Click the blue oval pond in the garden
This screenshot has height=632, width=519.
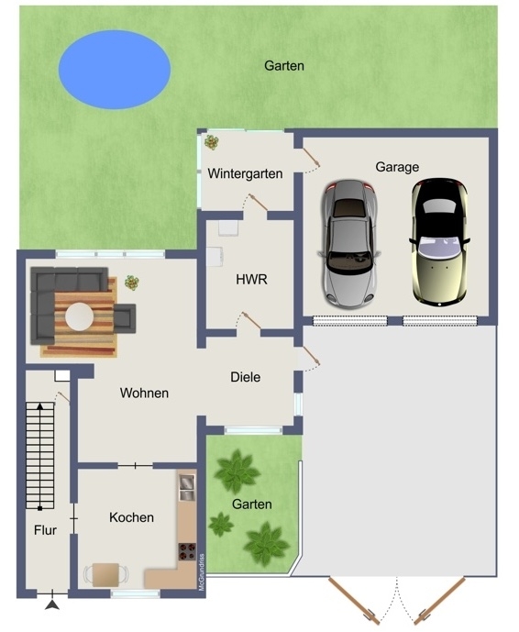point(115,70)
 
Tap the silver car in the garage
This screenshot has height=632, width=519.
point(349,243)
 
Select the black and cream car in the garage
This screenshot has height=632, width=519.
point(439,242)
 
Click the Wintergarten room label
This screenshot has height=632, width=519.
point(245,173)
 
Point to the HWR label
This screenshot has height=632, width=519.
point(251,280)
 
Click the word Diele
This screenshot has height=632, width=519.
point(246,377)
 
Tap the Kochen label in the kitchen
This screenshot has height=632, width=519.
point(131,517)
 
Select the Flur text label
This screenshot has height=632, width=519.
point(45,530)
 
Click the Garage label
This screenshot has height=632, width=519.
point(397,167)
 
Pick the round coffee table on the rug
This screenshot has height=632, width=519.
point(80,316)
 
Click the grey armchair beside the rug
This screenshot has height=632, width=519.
point(125,318)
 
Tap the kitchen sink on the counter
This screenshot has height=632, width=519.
point(187,487)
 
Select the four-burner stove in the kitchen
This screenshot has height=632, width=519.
point(187,552)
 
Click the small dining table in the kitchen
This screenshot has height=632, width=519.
point(105,575)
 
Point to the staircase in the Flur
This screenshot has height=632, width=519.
point(40,456)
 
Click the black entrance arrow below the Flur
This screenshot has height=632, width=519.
point(52,604)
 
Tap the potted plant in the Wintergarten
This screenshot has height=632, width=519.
point(211,142)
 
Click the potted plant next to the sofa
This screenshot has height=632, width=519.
point(131,283)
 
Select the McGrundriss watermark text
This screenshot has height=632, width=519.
point(202,572)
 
